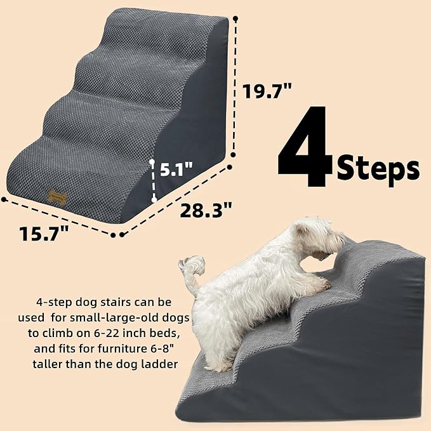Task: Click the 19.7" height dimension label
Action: (x=267, y=92)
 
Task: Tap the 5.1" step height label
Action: (x=177, y=171)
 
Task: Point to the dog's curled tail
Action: (x=192, y=266)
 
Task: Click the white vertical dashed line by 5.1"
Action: (x=153, y=182)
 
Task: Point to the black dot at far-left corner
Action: (x=4, y=199)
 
